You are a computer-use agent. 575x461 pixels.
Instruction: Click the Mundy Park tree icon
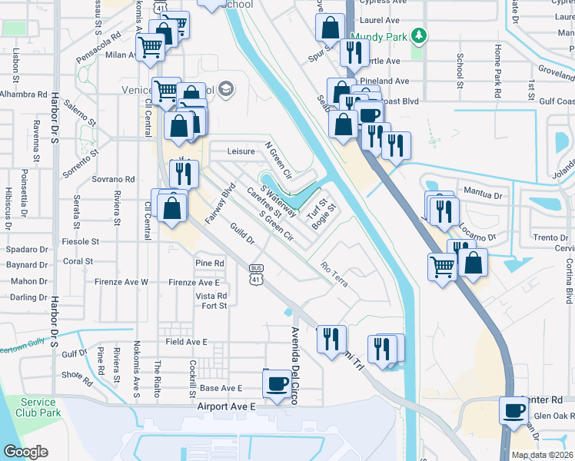(x=418, y=36)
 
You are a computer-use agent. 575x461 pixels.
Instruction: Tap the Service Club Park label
(x=38, y=407)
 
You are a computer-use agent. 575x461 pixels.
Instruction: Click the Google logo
(x=25, y=451)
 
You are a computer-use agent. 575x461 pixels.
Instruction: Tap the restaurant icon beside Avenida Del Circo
(x=331, y=338)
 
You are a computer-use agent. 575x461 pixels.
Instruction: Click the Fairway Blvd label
(x=219, y=204)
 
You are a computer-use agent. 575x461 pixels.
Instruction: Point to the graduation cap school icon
(x=225, y=89)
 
